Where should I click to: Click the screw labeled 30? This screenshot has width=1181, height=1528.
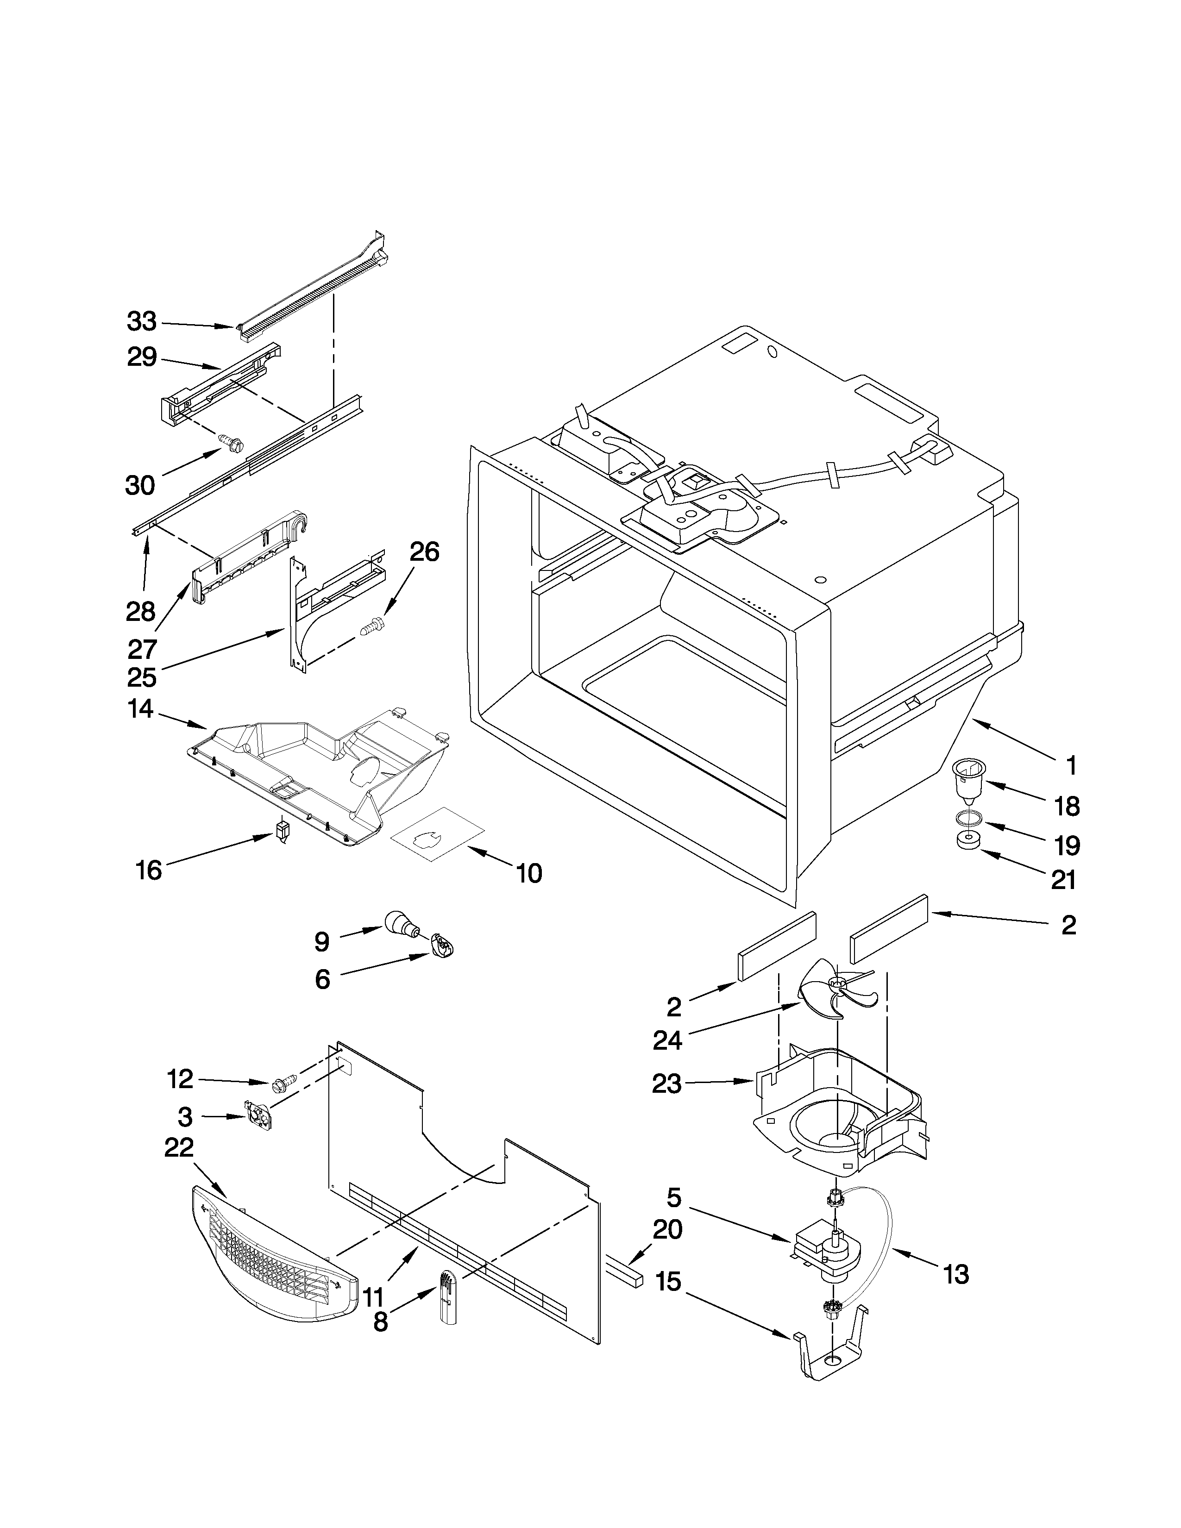(x=231, y=443)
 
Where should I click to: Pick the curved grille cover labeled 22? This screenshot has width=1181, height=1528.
(x=273, y=1259)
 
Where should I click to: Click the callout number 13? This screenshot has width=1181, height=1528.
(x=956, y=1275)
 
